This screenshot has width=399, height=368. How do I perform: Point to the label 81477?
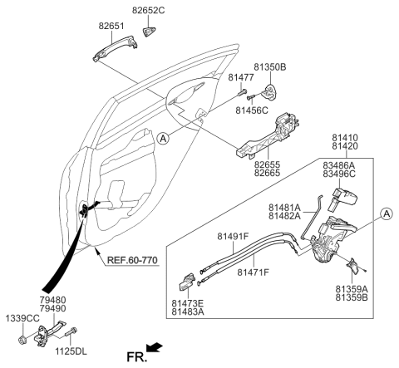click(x=240, y=77)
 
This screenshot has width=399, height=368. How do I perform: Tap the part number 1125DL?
click(x=71, y=351)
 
